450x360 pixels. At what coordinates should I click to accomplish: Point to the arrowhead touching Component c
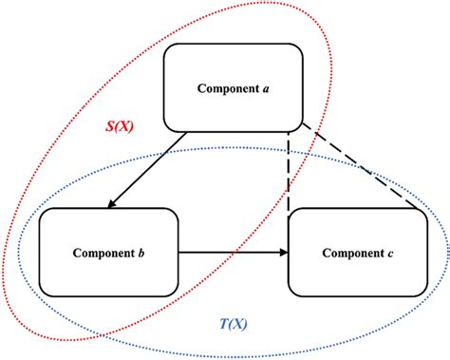tap(283, 253)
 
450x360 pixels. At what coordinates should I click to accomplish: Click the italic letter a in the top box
tap(265, 89)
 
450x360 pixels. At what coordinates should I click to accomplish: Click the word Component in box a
tap(227, 89)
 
